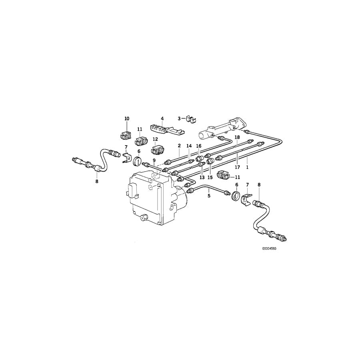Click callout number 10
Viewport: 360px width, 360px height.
tap(127, 119)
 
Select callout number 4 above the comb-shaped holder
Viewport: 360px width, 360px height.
tap(162, 119)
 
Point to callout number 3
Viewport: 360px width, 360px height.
tap(180, 118)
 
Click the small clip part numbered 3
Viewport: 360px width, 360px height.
tap(192, 119)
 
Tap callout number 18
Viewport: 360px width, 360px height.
tap(237, 137)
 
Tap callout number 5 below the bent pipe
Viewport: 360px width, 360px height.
tap(208, 196)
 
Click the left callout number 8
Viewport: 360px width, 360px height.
tap(96, 181)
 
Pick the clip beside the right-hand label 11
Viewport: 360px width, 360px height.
tap(223, 175)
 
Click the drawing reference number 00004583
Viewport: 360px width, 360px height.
tap(269, 248)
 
